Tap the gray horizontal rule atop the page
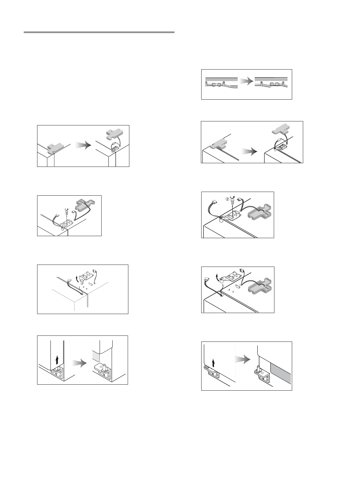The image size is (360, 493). pos(99,32)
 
